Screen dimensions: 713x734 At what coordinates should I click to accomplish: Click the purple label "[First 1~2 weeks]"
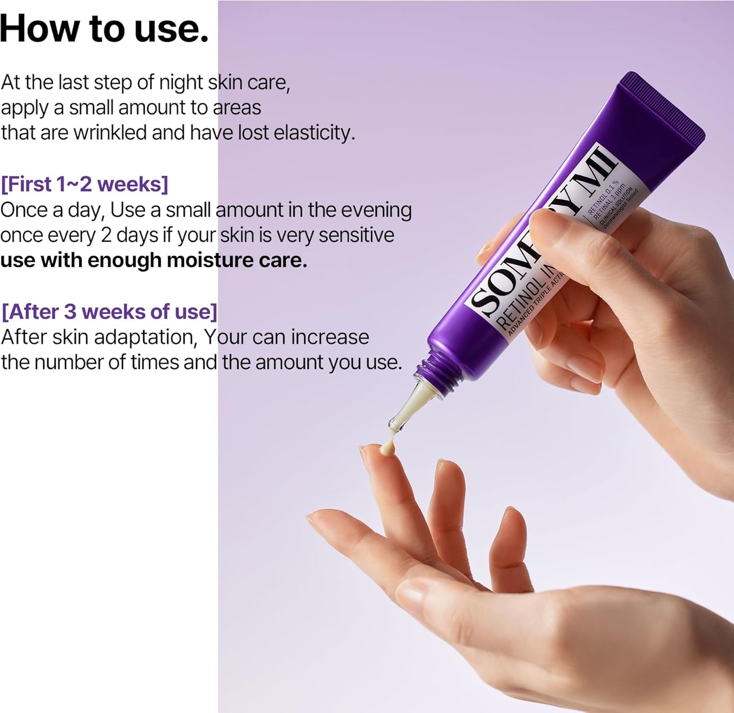pos(84,184)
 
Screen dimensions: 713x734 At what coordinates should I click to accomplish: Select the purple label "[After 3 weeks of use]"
pos(109,312)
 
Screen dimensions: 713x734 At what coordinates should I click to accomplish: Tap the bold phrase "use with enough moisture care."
pos(154,260)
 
